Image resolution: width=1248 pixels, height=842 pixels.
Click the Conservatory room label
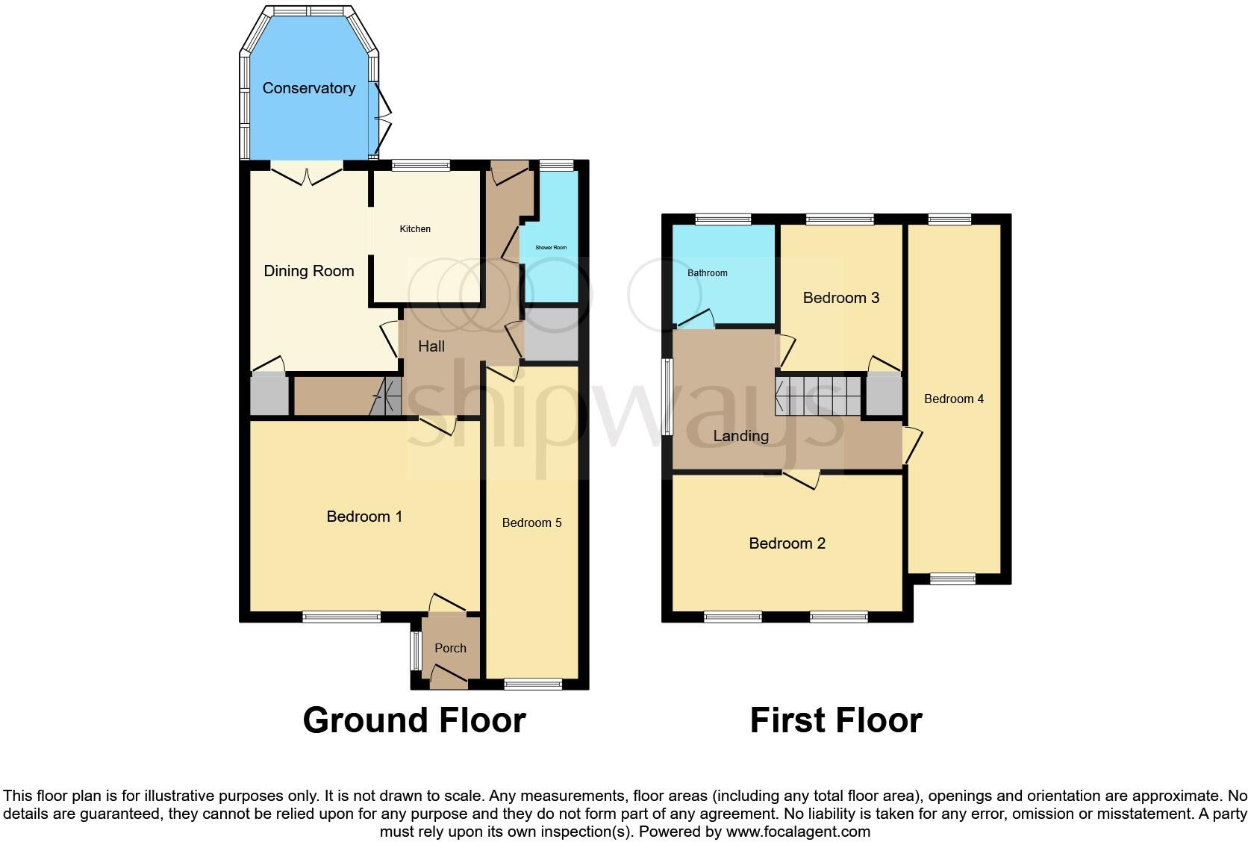(308, 88)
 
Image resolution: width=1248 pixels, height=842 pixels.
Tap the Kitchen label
(415, 229)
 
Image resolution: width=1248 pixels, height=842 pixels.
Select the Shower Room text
(551, 247)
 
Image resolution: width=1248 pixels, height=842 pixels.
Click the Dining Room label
(309, 271)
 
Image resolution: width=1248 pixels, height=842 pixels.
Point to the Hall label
(431, 346)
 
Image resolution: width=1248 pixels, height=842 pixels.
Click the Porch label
(450, 648)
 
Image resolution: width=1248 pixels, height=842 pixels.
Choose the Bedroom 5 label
(531, 523)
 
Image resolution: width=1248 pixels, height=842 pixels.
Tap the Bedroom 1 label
(364, 517)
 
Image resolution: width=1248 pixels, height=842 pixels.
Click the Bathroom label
(707, 273)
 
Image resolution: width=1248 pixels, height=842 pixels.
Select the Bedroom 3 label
(840, 298)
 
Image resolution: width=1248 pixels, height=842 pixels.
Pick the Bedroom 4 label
(953, 399)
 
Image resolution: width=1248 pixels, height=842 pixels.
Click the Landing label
(740, 436)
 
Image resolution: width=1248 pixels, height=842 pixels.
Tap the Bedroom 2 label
(787, 543)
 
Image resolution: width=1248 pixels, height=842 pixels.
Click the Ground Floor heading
(414, 720)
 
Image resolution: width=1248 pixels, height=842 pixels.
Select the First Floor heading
(835, 720)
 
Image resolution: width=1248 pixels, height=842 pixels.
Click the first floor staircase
(818, 396)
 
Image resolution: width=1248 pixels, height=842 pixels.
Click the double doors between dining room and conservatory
(307, 175)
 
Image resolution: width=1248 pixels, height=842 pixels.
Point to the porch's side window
(415, 651)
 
